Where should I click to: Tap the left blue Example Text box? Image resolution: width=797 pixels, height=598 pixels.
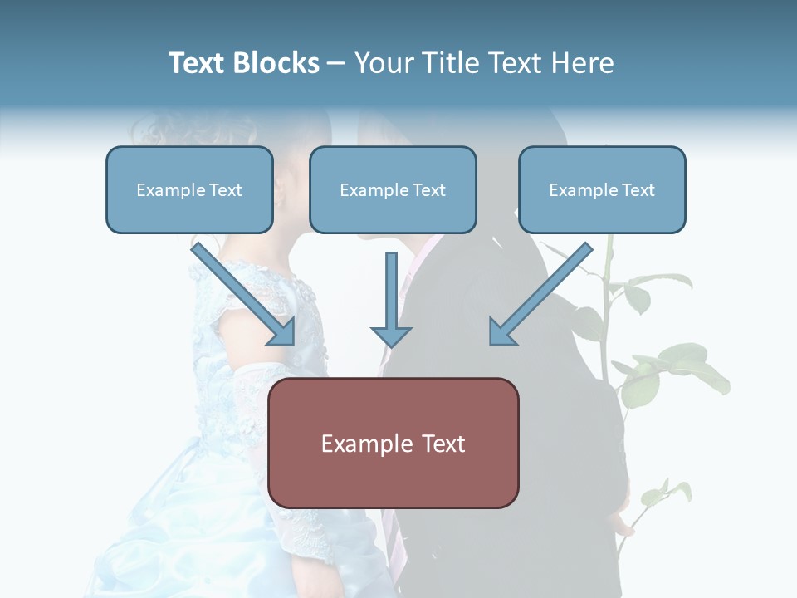pos(189,190)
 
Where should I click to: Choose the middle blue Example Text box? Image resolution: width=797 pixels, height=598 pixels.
pos(393,190)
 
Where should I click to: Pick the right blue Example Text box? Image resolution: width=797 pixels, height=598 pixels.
pos(602,190)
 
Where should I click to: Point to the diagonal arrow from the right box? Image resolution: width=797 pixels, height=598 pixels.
pos(540,294)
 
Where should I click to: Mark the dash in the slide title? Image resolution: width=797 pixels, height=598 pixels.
pos(336,63)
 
